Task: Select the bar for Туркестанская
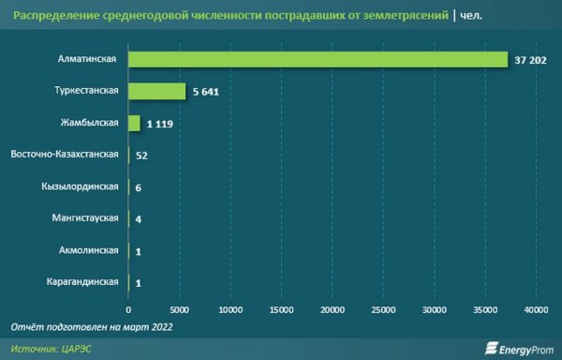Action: tap(157, 91)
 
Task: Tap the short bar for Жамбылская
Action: tap(134, 123)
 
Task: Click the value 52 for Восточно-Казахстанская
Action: tap(142, 155)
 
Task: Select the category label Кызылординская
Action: tap(80, 187)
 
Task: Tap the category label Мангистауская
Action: tap(84, 218)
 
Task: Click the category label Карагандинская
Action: tap(82, 281)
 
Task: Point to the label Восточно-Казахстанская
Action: tap(65, 155)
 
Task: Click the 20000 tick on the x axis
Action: tap(333, 308)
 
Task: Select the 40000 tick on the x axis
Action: tap(535, 308)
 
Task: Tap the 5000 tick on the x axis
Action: tap(180, 308)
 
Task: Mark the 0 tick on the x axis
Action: tap(128, 308)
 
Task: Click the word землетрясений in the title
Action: tap(398, 14)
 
